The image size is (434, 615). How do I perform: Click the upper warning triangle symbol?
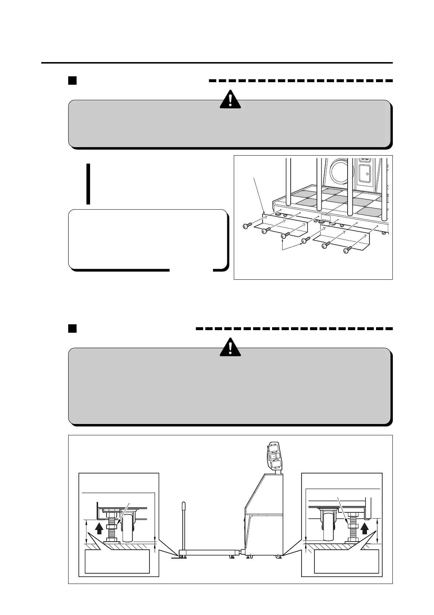click(x=230, y=99)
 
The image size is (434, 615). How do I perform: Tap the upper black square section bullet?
click(x=72, y=80)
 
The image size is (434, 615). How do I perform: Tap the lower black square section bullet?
click(x=72, y=328)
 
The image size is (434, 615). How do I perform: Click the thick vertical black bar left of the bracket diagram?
click(x=88, y=184)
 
